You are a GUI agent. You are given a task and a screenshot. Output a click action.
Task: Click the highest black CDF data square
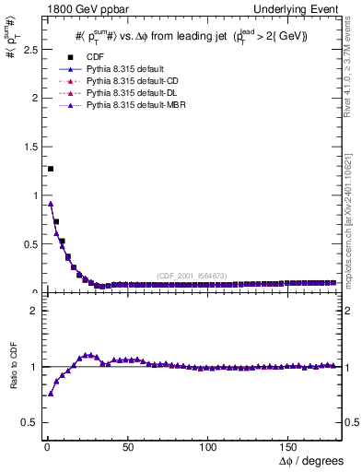(50, 169)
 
